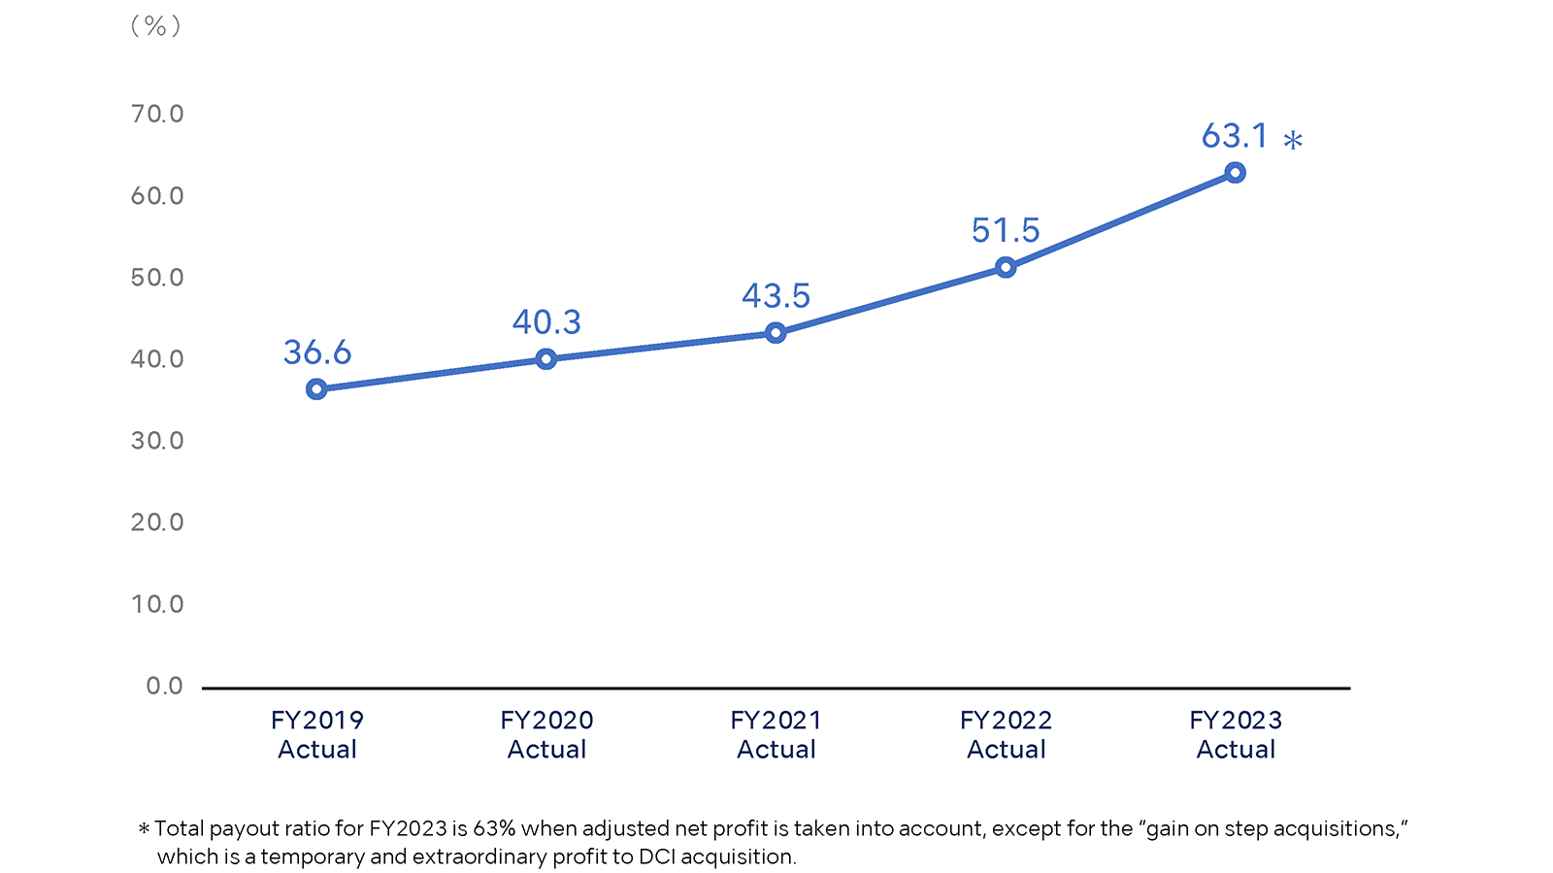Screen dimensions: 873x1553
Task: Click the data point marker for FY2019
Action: [316, 389]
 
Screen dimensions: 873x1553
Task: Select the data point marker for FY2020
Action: [546, 359]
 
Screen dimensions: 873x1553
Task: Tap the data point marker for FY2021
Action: [776, 333]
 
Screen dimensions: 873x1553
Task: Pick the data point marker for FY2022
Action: [1006, 267]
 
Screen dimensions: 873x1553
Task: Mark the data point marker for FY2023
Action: [1236, 173]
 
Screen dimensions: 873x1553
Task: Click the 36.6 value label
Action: [317, 353]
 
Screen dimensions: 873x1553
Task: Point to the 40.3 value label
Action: [546, 322]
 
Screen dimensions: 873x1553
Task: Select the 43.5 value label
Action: [776, 296]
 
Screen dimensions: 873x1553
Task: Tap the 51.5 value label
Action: [1006, 231]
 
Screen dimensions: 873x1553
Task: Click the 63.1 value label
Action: [1235, 137]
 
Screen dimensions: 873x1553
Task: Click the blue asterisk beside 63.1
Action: [1293, 142]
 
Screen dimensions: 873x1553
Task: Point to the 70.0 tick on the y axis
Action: [157, 115]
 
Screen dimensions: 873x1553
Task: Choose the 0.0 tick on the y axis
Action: [164, 687]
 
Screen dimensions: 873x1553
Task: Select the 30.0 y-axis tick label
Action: [157, 441]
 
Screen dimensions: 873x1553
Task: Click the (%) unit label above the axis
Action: [156, 26]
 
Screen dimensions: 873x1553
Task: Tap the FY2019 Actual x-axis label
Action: [317, 734]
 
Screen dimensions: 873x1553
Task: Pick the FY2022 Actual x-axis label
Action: [1006, 734]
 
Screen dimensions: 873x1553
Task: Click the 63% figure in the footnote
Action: [494, 828]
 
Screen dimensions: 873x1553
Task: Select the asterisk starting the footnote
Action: [144, 829]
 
